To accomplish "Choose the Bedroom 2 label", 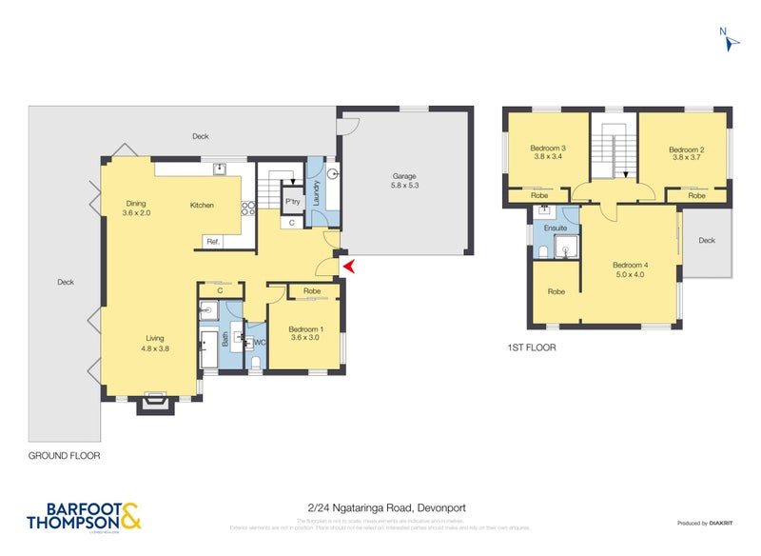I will (x=686, y=154).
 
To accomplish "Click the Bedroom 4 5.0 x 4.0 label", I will (x=629, y=269).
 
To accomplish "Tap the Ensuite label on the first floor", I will (x=556, y=228).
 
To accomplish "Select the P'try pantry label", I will (x=293, y=203).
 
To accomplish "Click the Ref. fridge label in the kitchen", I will (x=213, y=243).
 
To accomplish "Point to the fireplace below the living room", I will (x=153, y=404).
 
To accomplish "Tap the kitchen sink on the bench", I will (x=220, y=169).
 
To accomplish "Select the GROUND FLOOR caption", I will (x=64, y=456).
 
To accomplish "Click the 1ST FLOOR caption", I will (x=531, y=348).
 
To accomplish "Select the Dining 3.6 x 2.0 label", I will (x=137, y=208).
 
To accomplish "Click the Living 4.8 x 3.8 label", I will (x=154, y=343).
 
